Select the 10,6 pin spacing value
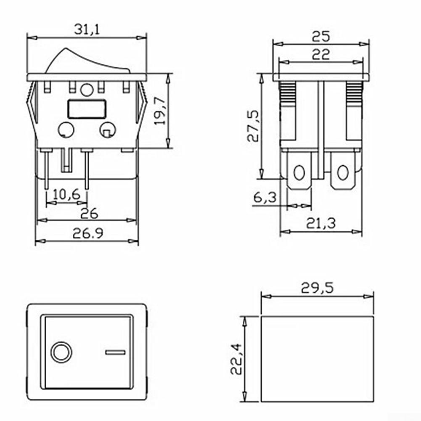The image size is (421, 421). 66,194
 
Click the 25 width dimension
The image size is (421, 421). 320,37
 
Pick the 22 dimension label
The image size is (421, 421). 320,55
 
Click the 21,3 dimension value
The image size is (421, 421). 320,223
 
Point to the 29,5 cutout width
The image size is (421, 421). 317,288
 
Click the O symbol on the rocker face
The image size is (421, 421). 61,352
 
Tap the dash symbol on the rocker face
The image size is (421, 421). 115,352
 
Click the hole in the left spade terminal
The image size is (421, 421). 299,173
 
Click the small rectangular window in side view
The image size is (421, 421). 86,109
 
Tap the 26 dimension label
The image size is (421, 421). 89,213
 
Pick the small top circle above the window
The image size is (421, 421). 87,90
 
